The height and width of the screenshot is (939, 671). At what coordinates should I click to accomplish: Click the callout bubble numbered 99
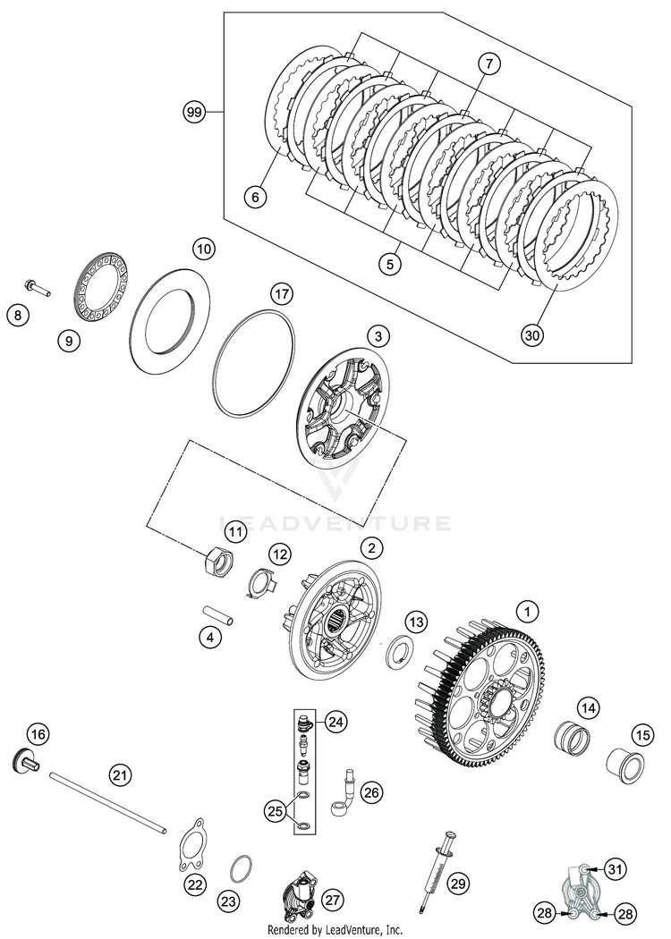tap(194, 113)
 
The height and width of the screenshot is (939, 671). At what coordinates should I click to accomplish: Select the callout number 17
tap(282, 293)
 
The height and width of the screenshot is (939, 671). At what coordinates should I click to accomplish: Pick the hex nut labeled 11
tap(219, 563)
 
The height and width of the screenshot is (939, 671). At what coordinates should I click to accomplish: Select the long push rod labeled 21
tap(107, 801)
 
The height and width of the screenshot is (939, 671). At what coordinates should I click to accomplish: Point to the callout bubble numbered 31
tap(614, 868)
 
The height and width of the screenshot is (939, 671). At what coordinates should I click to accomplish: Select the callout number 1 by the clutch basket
tap(528, 612)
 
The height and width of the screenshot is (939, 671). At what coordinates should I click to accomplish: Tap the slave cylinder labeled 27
tap(297, 895)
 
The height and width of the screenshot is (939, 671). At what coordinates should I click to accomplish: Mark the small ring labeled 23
tap(241, 868)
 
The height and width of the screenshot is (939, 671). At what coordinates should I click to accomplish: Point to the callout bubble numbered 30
tap(533, 334)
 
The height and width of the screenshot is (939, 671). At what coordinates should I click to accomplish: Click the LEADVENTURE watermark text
tap(335, 522)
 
